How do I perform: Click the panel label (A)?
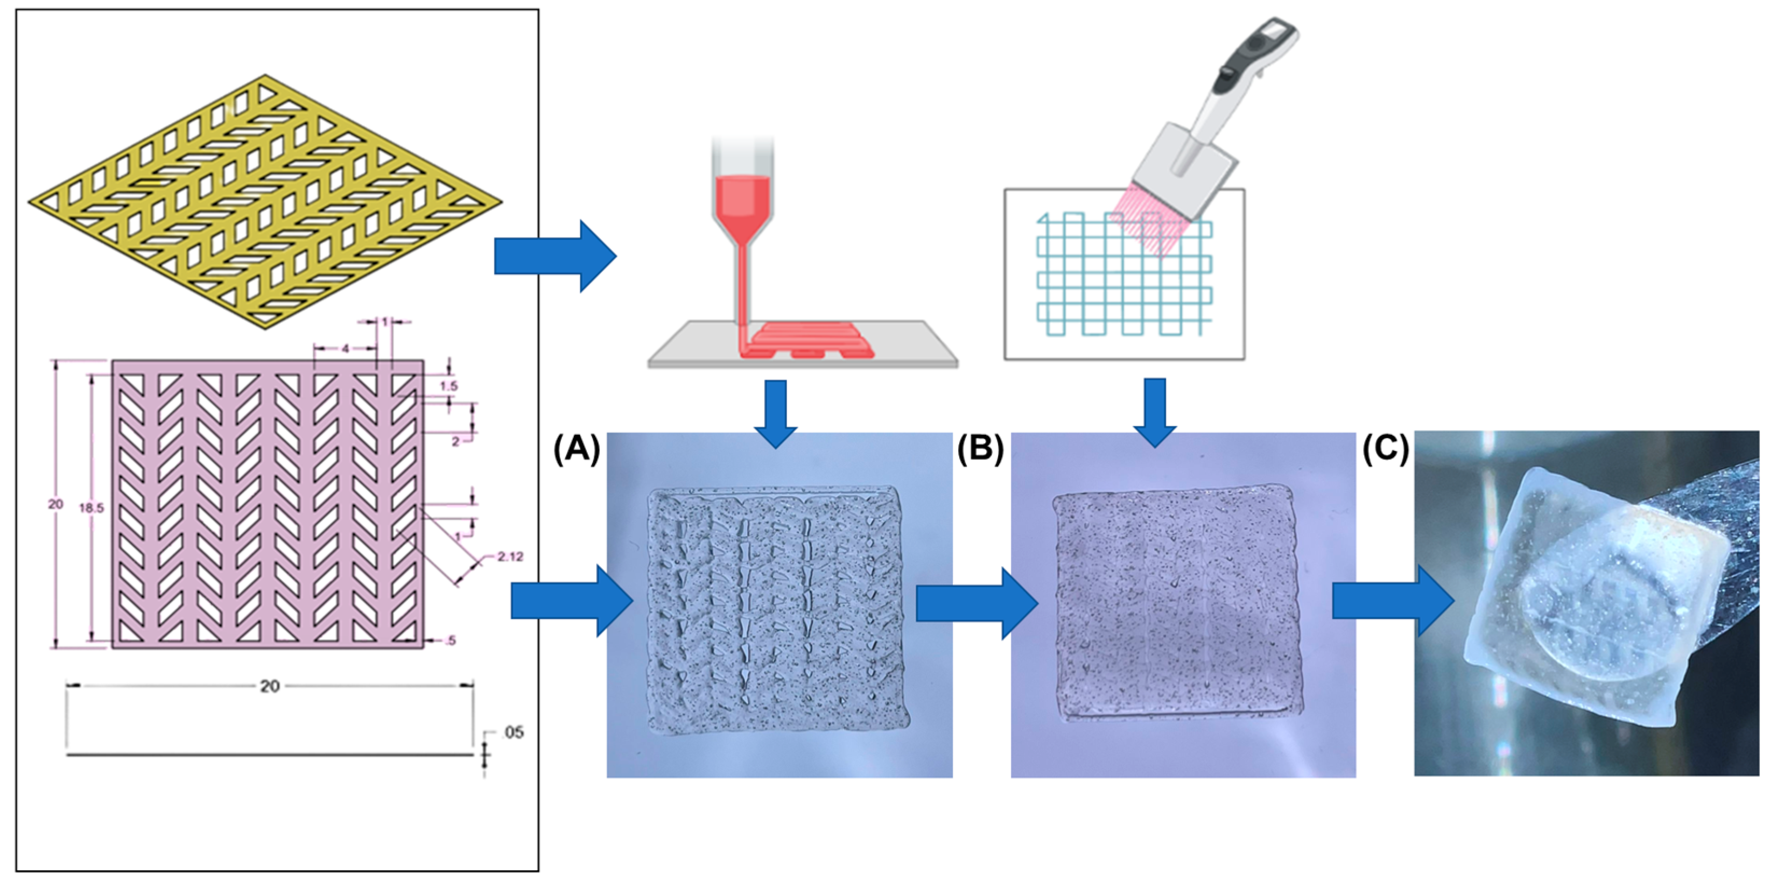pos(576,449)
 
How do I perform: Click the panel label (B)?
pos(980,449)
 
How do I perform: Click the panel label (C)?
pos(1385,449)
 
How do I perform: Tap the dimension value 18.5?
pos(91,508)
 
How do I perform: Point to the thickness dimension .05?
pos(513,732)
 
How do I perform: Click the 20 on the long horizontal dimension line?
pos(269,686)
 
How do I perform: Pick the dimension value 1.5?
pos(448,386)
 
